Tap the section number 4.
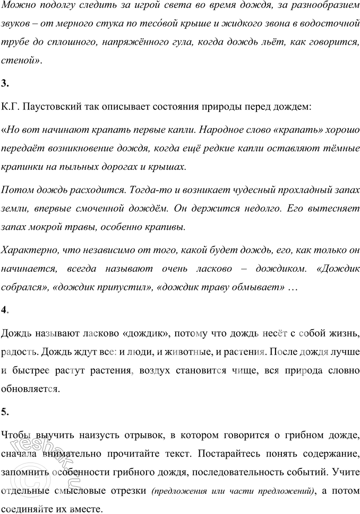pos(5,310)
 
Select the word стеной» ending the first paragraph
pos(21,61)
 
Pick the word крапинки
pos(22,167)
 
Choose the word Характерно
pos(28,250)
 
